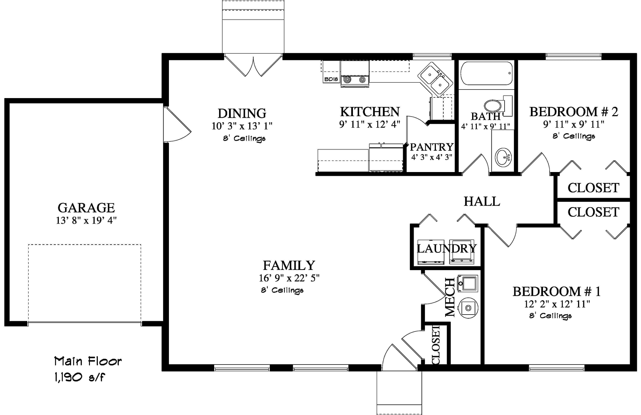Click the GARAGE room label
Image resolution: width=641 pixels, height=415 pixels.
86,208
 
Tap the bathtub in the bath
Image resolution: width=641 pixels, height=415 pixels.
486,73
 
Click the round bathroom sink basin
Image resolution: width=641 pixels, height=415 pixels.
503,157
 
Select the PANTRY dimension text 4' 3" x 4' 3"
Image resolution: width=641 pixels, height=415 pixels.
432,157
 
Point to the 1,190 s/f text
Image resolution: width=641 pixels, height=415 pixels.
79,377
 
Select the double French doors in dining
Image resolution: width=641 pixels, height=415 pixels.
253,66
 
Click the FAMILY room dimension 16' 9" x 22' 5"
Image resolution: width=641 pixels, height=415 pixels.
289,278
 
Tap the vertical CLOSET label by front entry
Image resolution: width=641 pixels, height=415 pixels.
435,345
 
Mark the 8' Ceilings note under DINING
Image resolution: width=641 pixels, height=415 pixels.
244,138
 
